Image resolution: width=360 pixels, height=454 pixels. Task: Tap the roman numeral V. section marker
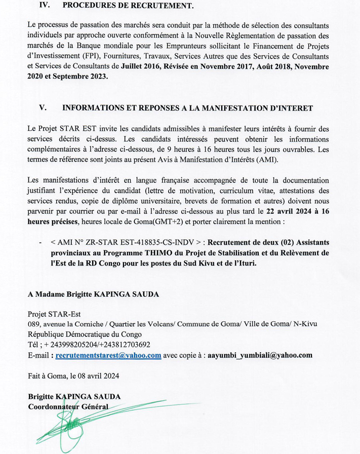click(43, 108)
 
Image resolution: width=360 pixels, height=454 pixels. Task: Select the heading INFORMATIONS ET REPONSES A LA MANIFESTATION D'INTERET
click(187, 108)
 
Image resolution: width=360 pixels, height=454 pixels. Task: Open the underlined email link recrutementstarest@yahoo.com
click(108, 355)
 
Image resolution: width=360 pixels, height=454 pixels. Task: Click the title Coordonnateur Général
click(68, 407)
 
